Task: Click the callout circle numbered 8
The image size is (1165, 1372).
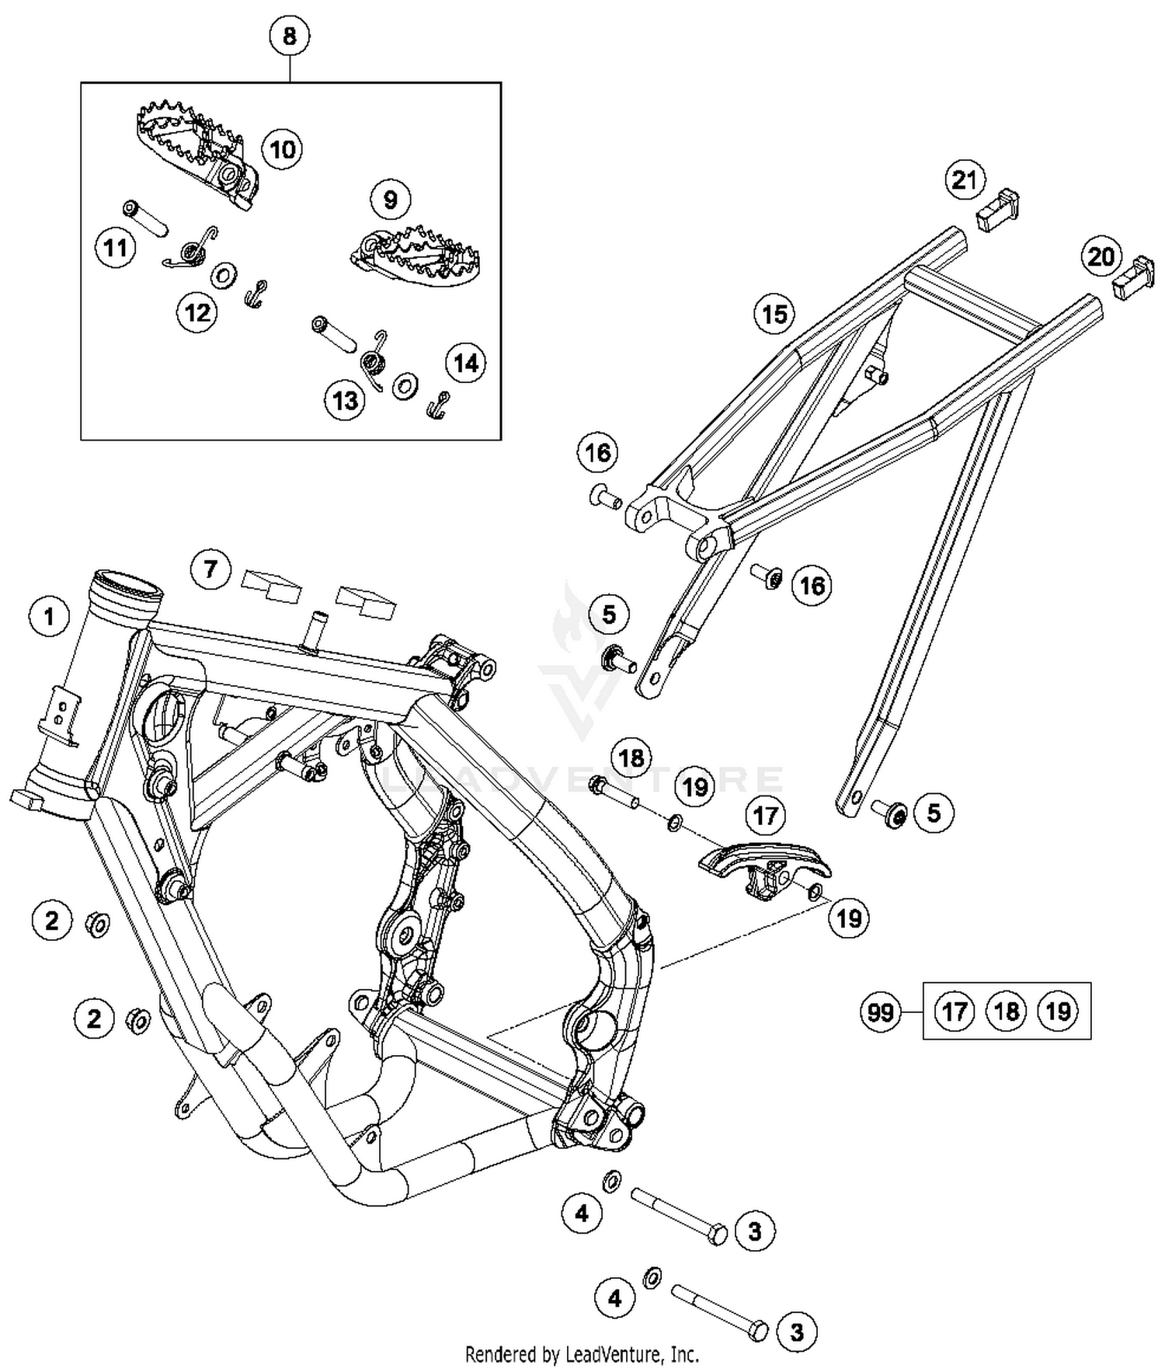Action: click(289, 36)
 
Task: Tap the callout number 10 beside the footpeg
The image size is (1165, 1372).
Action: click(283, 149)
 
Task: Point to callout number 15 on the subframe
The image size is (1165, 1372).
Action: click(774, 315)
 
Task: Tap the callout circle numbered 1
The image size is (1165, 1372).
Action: click(50, 617)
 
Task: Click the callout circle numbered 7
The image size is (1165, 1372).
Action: click(210, 569)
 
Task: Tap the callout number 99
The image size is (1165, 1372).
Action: click(880, 1012)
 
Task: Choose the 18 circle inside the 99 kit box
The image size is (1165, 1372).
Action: click(1006, 1011)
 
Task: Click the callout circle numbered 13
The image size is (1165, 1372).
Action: click(345, 400)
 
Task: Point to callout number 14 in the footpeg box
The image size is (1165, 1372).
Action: click(465, 363)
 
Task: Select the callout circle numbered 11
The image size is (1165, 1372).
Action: click(116, 249)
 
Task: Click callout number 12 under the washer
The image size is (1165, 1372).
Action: click(197, 313)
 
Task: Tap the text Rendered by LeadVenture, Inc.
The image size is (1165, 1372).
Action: click(582, 1355)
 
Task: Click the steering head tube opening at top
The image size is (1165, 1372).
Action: click(128, 583)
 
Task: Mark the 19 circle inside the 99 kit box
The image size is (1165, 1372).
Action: click(1058, 1011)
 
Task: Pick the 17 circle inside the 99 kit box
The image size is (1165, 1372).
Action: click(954, 1011)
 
